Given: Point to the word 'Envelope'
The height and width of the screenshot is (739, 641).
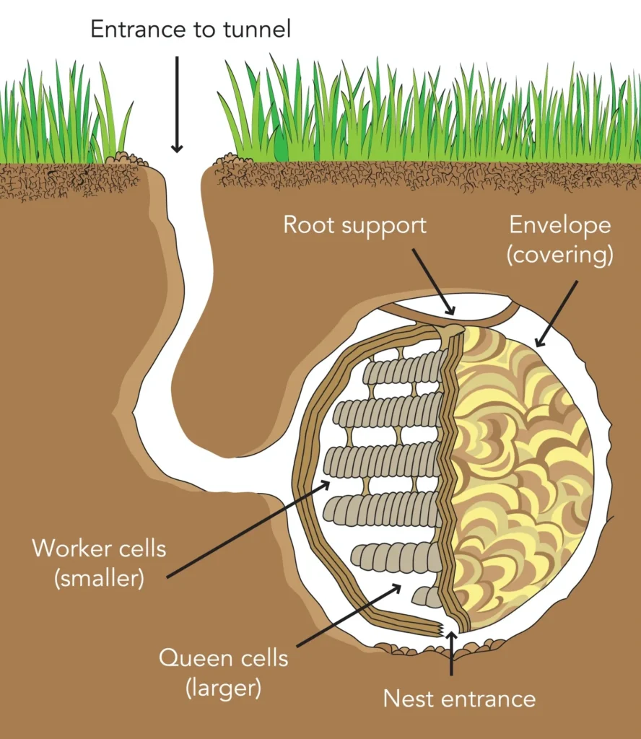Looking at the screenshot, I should pyautogui.click(x=560, y=225).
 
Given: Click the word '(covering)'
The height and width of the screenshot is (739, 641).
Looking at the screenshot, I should pyautogui.click(x=560, y=255).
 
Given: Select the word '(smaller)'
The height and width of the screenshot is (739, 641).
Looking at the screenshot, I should pyautogui.click(x=99, y=579).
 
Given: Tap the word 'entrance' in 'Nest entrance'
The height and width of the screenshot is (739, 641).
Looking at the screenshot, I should pyautogui.click(x=491, y=699).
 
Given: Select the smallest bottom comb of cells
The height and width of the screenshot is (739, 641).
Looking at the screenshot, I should pyautogui.click(x=427, y=597).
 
